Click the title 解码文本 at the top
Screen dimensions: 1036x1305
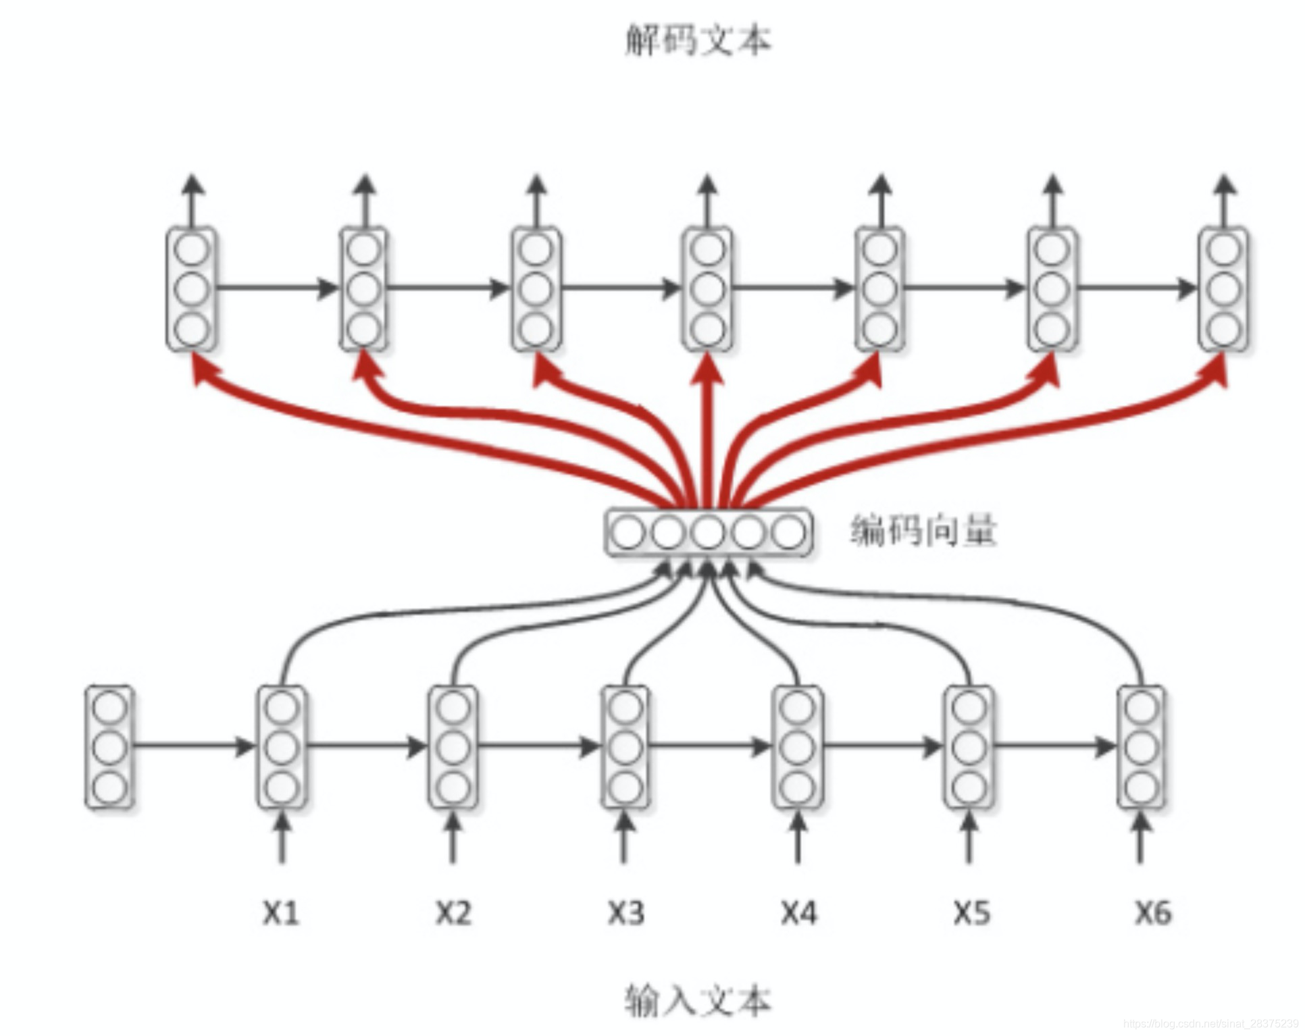(697, 41)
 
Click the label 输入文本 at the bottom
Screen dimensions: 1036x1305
(697, 1000)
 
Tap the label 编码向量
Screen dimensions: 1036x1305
(923, 531)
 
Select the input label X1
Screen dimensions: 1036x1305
(281, 913)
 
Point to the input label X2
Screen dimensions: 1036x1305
(453, 913)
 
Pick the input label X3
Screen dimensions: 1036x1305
(625, 913)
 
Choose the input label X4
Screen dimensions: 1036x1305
(798, 913)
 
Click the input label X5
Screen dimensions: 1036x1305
(971, 913)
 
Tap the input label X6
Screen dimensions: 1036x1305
(1152, 913)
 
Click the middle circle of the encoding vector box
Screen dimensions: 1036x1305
(708, 533)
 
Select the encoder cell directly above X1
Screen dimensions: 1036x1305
(282, 747)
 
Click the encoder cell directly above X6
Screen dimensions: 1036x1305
(1142, 747)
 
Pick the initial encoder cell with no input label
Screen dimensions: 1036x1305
(109, 747)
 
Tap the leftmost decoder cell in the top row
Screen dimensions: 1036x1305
(192, 289)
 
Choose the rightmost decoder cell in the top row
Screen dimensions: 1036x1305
(1224, 289)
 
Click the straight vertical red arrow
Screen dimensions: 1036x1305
(707, 432)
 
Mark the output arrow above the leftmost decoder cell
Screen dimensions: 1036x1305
(193, 199)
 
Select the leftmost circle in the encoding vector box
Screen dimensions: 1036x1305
(628, 533)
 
